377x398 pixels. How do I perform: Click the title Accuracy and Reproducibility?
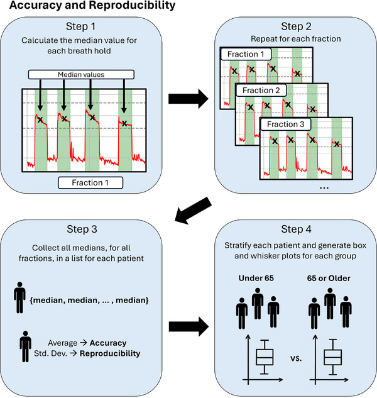click(92, 5)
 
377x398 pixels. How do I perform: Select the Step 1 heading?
click(80, 26)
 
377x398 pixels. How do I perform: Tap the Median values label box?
click(81, 74)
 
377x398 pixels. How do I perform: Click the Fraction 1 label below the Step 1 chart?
click(90, 182)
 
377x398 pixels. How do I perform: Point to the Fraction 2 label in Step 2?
click(261, 90)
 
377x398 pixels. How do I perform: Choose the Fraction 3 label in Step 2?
click(285, 124)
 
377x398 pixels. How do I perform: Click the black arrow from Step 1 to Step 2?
click(188, 99)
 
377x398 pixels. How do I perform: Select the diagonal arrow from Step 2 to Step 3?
click(194, 211)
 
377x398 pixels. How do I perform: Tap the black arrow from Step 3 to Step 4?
click(188, 327)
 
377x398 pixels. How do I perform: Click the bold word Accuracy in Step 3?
click(108, 343)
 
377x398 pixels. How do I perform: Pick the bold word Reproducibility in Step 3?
click(110, 353)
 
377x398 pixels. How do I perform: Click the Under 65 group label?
click(256, 278)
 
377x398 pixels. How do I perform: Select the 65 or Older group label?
click(329, 278)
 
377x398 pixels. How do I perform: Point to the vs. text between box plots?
click(296, 358)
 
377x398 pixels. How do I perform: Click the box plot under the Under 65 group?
click(265, 357)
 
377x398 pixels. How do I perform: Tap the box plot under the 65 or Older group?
click(332, 357)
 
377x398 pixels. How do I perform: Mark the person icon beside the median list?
click(19, 297)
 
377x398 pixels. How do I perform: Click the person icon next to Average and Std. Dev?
click(25, 346)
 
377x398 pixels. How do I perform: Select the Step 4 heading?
click(296, 229)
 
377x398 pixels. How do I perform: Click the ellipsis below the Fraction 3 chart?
click(324, 188)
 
